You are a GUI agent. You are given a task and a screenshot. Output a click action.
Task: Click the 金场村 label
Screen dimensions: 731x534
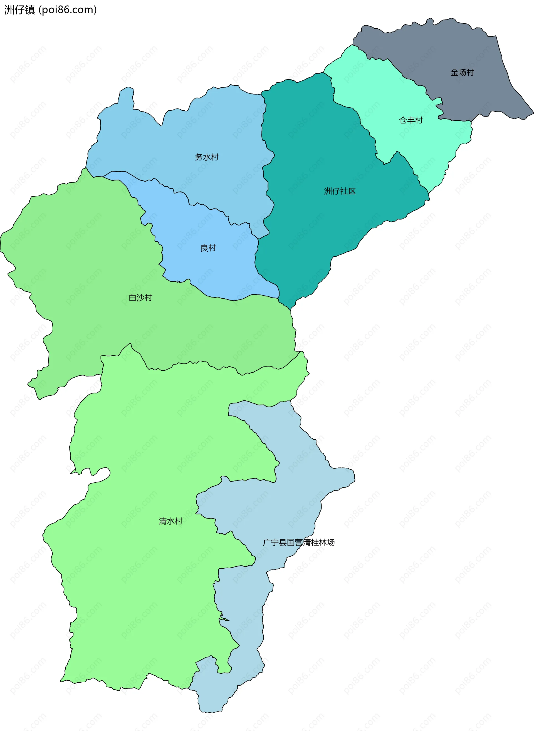coord(462,72)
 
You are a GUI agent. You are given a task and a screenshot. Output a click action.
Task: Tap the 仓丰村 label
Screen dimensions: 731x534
coord(411,120)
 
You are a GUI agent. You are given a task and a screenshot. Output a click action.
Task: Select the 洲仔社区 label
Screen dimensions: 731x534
coord(340,191)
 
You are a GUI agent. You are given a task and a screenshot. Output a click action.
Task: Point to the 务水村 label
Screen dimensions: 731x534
coord(207,157)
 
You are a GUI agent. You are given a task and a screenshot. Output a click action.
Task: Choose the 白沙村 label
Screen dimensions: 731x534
coord(140,298)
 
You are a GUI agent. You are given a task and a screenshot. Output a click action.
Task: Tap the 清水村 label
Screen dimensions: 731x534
coord(170,521)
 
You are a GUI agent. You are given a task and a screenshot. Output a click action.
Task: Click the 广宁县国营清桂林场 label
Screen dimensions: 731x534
coord(298,542)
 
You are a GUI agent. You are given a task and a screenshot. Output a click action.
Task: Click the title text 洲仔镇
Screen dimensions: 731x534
coord(19,10)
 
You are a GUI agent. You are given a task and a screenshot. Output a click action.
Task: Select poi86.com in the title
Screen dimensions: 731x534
coord(68,10)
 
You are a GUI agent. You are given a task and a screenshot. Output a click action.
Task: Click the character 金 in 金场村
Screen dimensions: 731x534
coord(454,72)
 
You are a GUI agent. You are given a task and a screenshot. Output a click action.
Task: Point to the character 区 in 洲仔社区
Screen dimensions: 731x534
coord(352,191)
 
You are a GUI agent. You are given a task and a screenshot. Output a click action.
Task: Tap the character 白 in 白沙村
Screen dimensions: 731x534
coord(133,298)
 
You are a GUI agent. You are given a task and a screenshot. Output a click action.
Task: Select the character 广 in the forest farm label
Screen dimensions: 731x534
coord(267,542)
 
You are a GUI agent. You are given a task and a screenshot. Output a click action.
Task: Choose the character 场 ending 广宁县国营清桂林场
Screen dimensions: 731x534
coord(331,542)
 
